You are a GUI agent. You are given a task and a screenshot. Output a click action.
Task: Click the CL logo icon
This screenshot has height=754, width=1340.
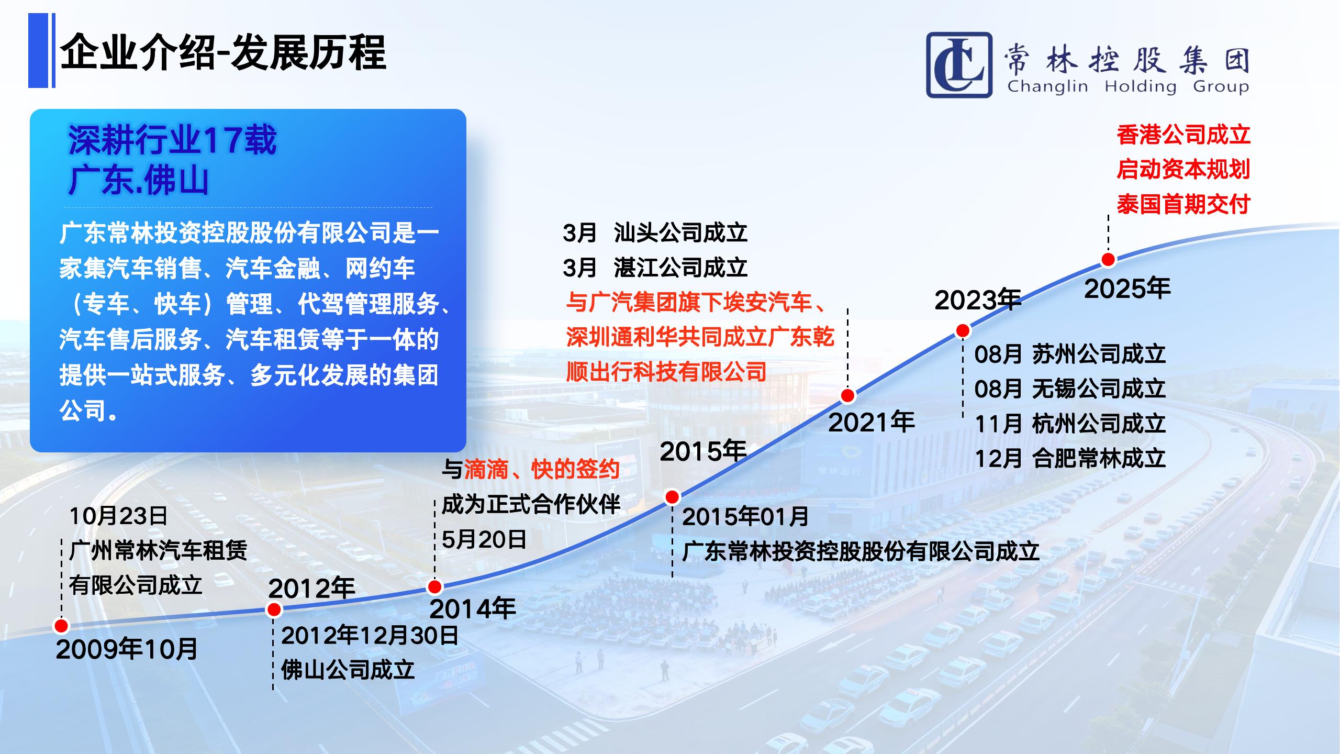click(x=959, y=65)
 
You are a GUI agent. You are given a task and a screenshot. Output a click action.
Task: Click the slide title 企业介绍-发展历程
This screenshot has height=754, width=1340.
click(x=224, y=52)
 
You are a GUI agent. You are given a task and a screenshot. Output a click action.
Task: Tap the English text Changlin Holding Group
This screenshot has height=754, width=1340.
click(x=1128, y=86)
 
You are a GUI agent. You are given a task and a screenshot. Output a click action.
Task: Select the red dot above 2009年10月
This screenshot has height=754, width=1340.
click(x=61, y=626)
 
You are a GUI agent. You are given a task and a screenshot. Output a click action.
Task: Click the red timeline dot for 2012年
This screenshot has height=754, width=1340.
click(x=274, y=609)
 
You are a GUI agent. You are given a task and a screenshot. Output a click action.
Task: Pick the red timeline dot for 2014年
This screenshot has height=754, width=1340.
click(x=435, y=586)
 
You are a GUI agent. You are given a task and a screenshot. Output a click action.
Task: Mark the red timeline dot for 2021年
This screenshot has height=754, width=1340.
click(x=847, y=395)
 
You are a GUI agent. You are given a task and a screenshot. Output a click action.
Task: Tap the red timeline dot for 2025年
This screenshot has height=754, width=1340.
click(x=1108, y=259)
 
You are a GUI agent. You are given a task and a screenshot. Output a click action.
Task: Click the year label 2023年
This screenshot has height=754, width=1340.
click(x=978, y=301)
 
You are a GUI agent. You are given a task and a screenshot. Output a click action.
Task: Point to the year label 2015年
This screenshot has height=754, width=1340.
click(x=703, y=451)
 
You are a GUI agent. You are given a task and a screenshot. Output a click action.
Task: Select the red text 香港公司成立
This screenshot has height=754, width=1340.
click(x=1183, y=135)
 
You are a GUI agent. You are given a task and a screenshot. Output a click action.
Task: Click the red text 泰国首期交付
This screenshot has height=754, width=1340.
click(x=1183, y=204)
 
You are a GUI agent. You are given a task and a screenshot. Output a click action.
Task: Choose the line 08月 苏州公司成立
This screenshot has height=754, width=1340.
click(x=1070, y=354)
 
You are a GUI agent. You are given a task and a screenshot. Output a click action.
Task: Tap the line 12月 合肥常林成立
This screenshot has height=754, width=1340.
click(x=1070, y=459)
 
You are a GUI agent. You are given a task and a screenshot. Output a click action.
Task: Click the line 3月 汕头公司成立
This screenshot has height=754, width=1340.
click(x=655, y=232)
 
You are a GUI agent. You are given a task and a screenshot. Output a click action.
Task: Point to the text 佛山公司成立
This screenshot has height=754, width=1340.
click(x=348, y=670)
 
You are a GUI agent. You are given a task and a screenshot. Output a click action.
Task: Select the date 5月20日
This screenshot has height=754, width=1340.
click(x=484, y=539)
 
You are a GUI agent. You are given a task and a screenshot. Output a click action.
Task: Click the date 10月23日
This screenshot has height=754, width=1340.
click(x=118, y=516)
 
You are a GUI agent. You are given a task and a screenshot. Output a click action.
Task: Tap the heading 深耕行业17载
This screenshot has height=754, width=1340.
click(x=172, y=140)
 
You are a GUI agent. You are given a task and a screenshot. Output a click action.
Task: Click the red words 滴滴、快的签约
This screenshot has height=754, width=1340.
click(x=542, y=469)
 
